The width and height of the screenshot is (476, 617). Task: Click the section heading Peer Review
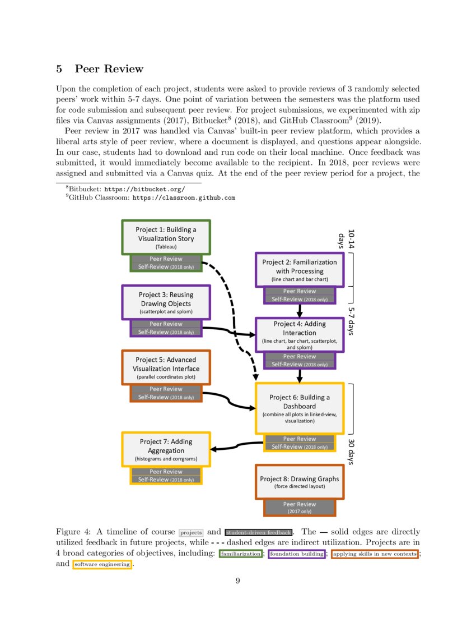[x=109, y=69]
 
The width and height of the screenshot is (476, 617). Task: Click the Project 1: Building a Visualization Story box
[x=166, y=237]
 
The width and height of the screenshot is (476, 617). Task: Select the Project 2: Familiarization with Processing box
[x=299, y=270]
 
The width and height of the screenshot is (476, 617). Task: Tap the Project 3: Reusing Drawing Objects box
[x=165, y=302]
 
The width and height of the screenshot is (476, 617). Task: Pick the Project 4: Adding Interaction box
[x=299, y=335]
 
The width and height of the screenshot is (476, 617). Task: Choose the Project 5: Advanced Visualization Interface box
[x=166, y=367]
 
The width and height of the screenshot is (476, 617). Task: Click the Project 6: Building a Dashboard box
[x=299, y=408]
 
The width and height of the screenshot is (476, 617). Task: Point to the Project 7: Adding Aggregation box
[x=166, y=449]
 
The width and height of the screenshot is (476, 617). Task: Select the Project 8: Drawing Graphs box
[x=299, y=482]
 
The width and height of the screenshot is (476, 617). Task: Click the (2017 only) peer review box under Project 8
[x=299, y=507]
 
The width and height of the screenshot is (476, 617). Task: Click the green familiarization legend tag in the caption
[x=240, y=554]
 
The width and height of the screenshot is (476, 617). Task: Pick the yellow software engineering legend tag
[x=102, y=564]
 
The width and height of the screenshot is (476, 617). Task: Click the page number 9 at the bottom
[x=237, y=581]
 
